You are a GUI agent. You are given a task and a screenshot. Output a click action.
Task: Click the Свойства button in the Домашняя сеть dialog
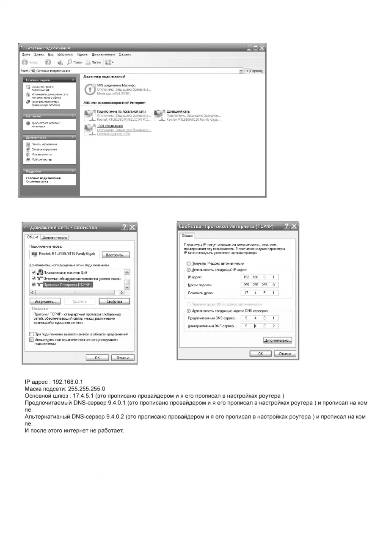tap(114, 301)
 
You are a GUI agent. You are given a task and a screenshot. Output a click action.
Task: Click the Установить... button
tap(45, 301)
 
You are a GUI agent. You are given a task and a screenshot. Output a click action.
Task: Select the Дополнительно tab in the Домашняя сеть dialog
tap(55, 238)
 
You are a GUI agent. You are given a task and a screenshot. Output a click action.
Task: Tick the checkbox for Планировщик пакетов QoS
tap(34, 272)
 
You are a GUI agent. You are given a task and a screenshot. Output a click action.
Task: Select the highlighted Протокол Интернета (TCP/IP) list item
tap(68, 285)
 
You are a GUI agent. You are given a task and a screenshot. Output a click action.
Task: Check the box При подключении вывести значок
tap(31, 334)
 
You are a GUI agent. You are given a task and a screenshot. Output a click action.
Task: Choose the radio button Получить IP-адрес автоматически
tap(188, 263)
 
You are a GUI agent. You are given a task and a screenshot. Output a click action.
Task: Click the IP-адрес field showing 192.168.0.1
tap(259, 277)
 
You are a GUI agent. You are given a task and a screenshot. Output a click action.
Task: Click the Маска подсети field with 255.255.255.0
tap(259, 285)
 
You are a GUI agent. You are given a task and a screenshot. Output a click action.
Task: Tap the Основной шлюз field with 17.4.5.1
tap(259, 293)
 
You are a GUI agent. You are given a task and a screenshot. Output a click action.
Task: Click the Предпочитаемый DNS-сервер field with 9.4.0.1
tap(259, 318)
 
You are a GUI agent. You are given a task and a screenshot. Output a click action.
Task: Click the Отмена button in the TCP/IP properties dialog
tap(285, 354)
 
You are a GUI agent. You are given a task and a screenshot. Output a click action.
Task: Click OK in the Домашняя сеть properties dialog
tap(97, 358)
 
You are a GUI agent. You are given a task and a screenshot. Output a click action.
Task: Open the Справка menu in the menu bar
tap(125, 55)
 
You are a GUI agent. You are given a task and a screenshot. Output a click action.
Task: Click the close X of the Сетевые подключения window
tap(262, 48)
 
